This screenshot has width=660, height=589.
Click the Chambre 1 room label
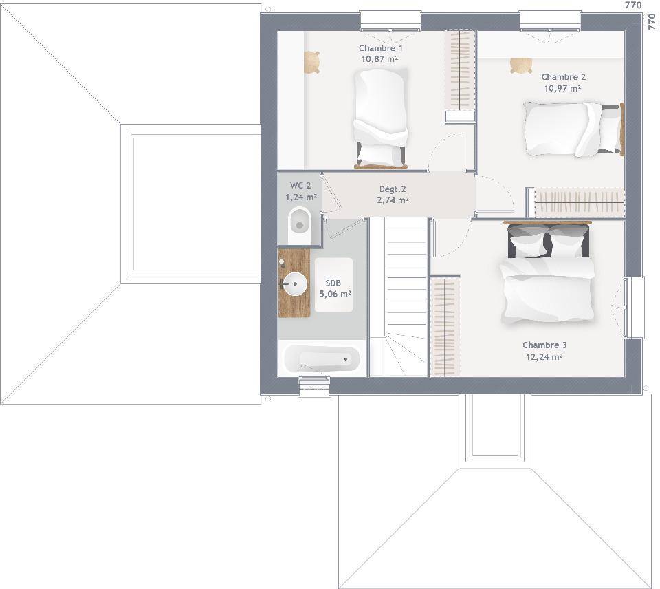tap(380, 48)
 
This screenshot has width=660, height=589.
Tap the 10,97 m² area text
tap(563, 89)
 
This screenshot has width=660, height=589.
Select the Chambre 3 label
tap(544, 345)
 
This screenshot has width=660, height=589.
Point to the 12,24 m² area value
tap(544, 357)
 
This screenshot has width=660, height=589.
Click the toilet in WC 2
tap(299, 226)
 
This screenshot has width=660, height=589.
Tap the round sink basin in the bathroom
tap(294, 283)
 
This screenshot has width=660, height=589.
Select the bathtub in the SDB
tap(322, 359)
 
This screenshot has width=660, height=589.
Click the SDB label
tap(333, 283)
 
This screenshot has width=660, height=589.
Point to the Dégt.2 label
tap(393, 189)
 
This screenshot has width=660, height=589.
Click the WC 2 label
tap(300, 186)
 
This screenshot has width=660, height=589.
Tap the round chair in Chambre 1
tap(311, 63)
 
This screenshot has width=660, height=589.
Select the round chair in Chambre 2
tap(521, 65)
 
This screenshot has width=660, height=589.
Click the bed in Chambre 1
tap(381, 119)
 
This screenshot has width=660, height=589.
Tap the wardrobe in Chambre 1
tap(460, 76)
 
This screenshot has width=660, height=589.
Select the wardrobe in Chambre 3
tap(445, 325)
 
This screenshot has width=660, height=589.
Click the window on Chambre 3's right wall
tap(634, 307)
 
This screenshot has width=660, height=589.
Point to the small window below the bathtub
tap(314, 386)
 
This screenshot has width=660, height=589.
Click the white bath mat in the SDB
tap(334, 286)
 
